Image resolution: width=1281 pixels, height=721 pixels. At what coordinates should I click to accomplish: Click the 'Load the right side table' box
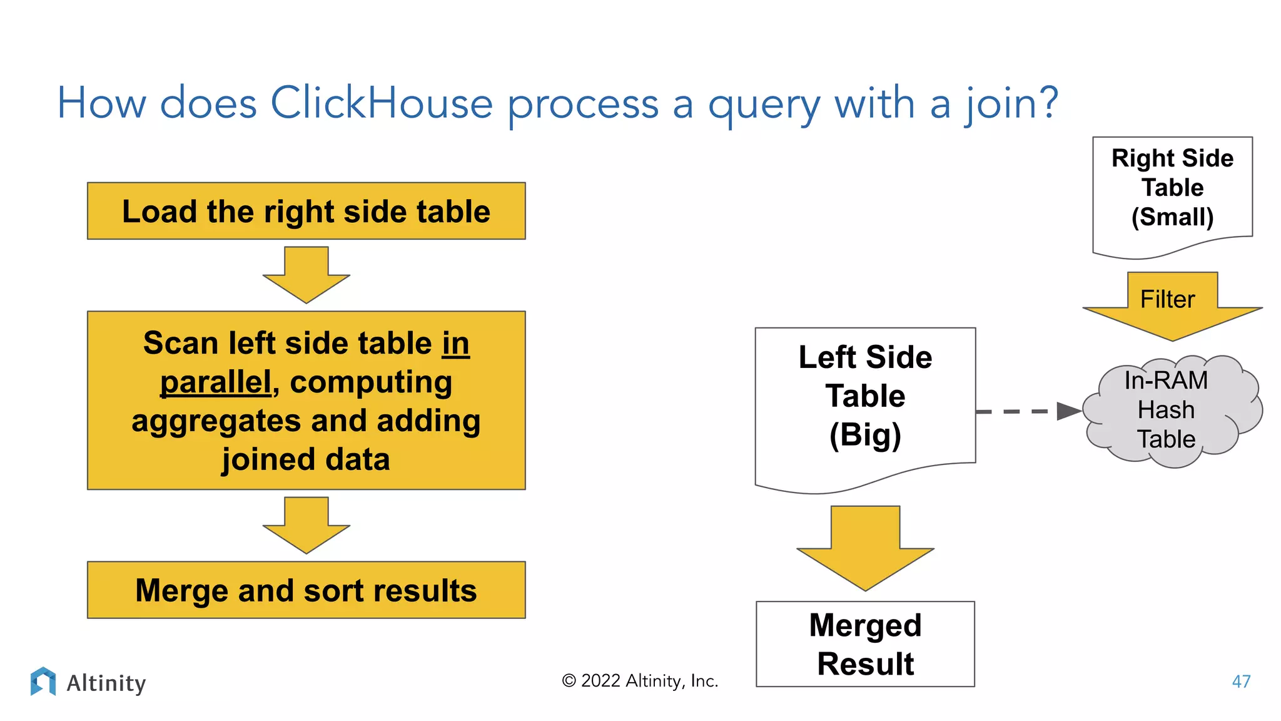pos(306,211)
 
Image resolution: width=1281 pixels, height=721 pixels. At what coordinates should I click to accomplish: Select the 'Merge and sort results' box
pos(306,590)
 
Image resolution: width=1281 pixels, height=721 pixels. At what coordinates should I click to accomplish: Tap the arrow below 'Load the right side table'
pos(306,274)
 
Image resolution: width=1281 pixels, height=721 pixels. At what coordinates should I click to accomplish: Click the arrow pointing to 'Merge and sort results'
pos(306,524)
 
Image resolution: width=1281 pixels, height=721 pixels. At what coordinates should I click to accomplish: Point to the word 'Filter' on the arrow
pos(1167,299)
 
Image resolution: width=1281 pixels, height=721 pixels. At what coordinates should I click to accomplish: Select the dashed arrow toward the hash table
pos(1026,411)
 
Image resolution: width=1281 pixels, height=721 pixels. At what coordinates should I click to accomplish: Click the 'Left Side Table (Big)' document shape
pos(865,401)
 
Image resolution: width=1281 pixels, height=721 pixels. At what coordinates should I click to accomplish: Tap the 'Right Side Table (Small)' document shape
pos(1172,191)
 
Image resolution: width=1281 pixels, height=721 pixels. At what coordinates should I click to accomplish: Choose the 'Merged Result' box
pos(865,644)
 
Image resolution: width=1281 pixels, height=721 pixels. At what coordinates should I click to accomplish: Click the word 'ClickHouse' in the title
pos(382,103)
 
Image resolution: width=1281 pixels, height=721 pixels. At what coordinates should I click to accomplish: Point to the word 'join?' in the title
pos(1011,103)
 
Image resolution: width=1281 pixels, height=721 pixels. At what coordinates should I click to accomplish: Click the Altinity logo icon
pos(43,681)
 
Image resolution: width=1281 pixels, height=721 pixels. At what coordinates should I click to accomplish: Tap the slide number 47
pos(1241,682)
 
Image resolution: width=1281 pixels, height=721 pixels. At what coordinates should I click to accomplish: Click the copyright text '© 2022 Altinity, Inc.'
pos(640,681)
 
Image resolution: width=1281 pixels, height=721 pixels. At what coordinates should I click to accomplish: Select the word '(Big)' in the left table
pos(865,435)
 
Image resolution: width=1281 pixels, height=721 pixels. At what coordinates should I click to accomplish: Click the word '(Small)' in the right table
pos(1172,217)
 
